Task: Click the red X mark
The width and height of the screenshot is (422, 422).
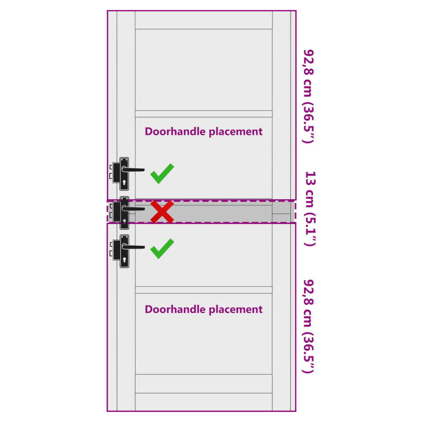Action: tap(162, 212)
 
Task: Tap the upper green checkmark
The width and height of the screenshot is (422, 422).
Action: tap(162, 174)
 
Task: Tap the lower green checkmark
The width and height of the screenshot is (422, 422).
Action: tap(162, 249)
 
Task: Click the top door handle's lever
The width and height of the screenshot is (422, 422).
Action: tap(133, 169)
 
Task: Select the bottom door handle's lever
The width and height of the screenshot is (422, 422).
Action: tap(134, 247)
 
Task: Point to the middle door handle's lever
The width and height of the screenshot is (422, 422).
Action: tap(134, 208)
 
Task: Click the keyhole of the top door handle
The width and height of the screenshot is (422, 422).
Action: tap(124, 183)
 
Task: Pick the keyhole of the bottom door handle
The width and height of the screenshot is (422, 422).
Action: tap(124, 260)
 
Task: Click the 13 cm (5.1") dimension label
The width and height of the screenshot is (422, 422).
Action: tap(310, 209)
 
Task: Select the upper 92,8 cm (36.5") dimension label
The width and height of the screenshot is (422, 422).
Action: tap(309, 96)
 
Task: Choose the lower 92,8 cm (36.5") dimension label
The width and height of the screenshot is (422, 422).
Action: tap(309, 326)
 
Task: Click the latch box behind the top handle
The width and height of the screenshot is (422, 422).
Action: tap(116, 173)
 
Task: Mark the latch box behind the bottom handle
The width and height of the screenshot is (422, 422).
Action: tap(117, 250)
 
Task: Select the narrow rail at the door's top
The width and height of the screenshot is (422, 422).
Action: tap(204, 20)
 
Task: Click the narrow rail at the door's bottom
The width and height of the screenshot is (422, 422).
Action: tap(204, 402)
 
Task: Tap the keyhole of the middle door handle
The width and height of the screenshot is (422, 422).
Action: tap(124, 222)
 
